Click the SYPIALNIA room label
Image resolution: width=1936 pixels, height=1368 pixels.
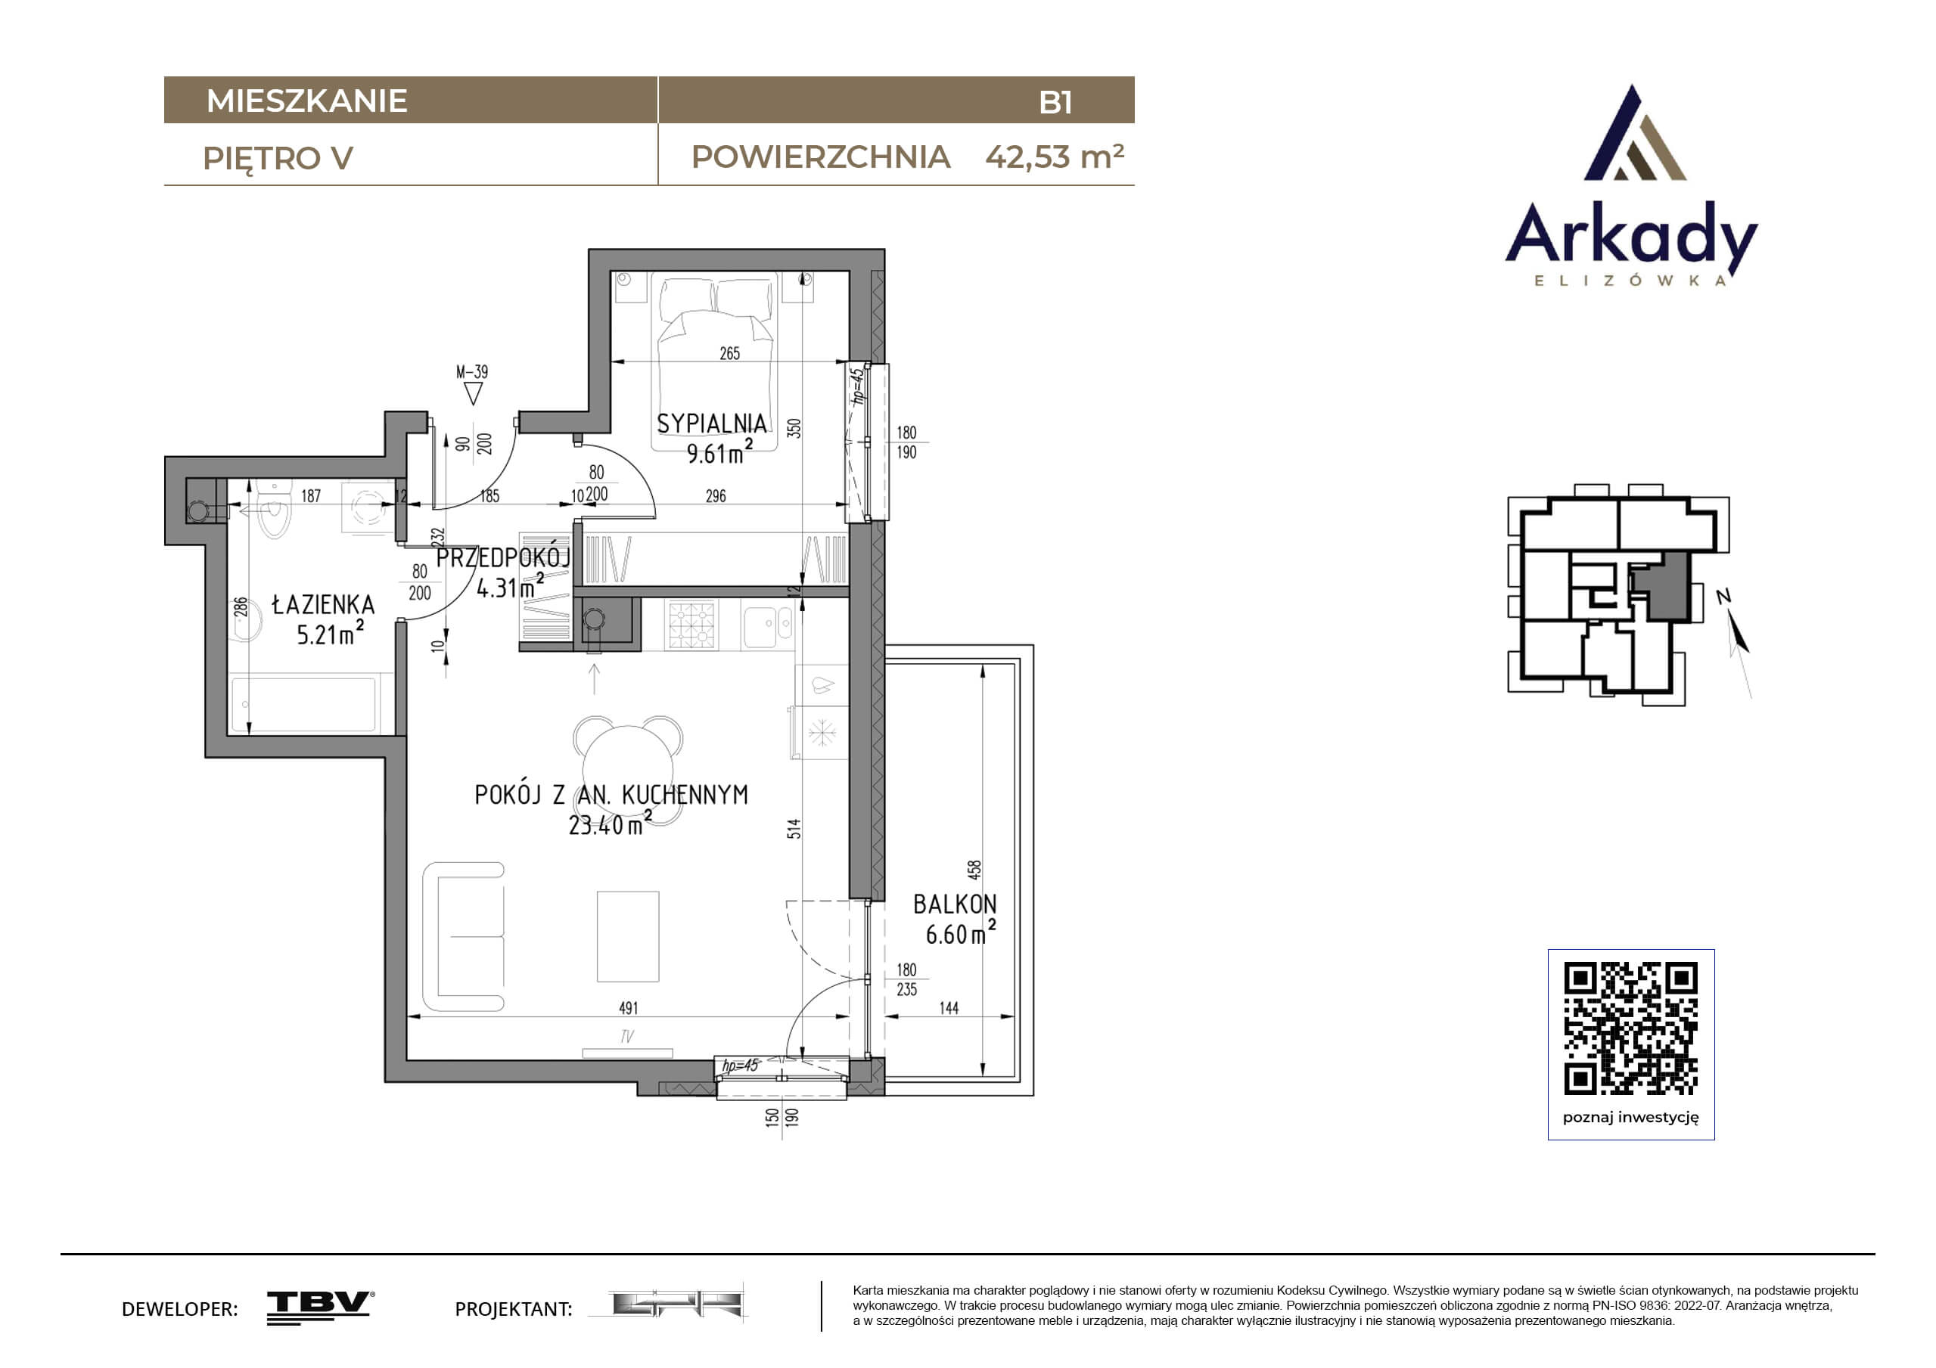coord(712,423)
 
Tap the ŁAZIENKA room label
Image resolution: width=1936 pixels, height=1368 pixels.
coord(323,604)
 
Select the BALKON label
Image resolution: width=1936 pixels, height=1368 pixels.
coord(955,904)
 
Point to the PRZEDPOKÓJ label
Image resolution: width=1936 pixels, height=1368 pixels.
coord(503,557)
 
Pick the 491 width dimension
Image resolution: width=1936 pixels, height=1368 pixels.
coord(628,1008)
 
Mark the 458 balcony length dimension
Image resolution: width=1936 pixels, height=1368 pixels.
coord(974,870)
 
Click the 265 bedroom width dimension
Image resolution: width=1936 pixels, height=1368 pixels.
coord(729,354)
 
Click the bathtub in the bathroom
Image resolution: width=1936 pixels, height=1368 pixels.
coord(303,705)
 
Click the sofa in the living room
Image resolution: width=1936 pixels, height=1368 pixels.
coord(464,936)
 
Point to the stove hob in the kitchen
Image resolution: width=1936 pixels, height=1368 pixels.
coord(691,625)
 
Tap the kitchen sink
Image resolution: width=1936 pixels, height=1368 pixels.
coord(767,625)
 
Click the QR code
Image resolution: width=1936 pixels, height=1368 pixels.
coord(1631,1028)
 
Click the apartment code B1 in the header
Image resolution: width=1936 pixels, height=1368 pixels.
coord(1055,102)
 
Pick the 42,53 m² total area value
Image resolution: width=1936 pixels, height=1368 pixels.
coord(1054,157)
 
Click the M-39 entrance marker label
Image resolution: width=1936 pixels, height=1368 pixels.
coord(472,372)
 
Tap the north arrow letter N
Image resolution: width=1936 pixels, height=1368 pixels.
coord(1723,597)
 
